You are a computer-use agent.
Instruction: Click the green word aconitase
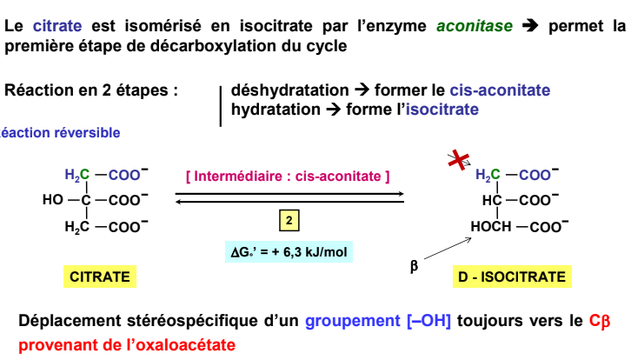(475, 26)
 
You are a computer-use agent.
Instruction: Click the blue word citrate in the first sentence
(57, 26)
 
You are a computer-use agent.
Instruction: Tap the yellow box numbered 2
(289, 220)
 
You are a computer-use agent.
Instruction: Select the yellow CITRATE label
(100, 277)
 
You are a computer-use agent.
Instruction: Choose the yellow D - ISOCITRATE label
(512, 277)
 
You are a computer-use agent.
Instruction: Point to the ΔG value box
(289, 251)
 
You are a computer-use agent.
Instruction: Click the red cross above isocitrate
(459, 160)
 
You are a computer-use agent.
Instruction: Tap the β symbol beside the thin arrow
(414, 266)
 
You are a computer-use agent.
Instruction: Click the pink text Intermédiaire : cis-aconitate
(288, 176)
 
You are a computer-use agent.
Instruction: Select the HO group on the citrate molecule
(53, 199)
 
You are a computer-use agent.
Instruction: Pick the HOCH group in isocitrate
(491, 226)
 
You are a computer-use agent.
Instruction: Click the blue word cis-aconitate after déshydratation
(500, 90)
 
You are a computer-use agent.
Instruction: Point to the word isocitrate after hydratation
(442, 109)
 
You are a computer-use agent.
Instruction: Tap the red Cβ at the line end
(600, 321)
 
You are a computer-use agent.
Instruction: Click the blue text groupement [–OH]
(378, 321)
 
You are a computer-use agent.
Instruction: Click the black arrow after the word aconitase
(530, 26)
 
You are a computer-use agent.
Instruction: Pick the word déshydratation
(289, 90)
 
